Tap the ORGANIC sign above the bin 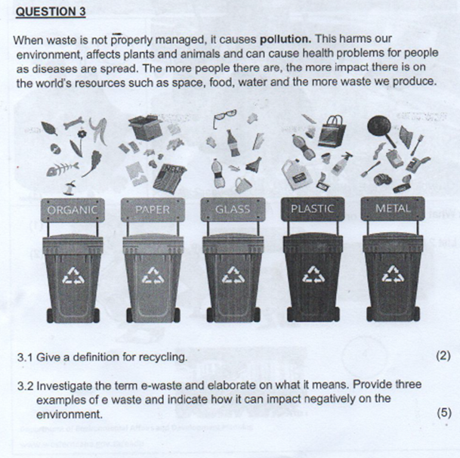[x=72, y=208]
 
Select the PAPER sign [x=153, y=208]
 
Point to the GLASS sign [x=232, y=208]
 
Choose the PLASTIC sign [x=312, y=208]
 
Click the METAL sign [x=393, y=208]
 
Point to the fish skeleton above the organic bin [x=61, y=170]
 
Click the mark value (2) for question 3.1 [x=443, y=356]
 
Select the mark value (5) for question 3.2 [x=443, y=413]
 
